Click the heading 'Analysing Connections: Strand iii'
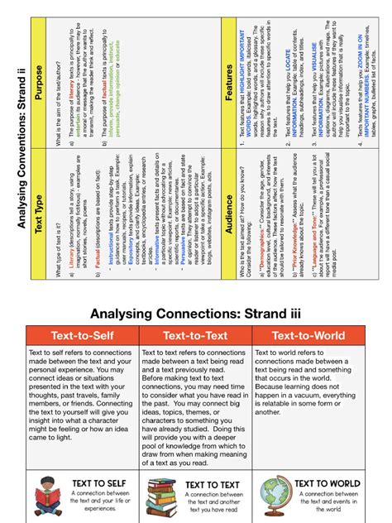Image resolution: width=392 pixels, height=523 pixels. [196, 314]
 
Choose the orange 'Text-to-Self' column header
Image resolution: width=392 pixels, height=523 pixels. [81, 336]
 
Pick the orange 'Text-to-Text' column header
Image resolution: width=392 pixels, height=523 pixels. [195, 336]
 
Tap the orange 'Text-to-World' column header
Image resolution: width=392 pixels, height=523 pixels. [309, 336]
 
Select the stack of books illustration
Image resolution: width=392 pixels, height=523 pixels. [160, 499]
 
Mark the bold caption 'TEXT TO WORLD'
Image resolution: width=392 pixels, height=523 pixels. [327, 483]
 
